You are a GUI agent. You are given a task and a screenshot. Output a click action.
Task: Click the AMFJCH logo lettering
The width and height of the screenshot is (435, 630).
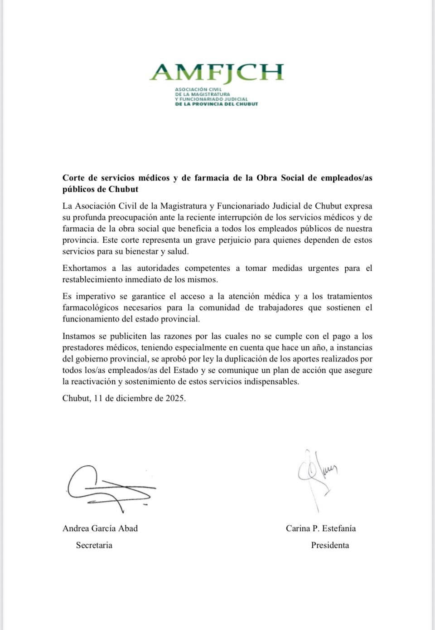click(x=217, y=73)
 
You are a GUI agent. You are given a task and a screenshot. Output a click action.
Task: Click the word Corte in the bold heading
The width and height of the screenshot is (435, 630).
click(x=73, y=178)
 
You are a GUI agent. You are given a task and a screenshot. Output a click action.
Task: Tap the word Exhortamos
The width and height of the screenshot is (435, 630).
click(x=83, y=268)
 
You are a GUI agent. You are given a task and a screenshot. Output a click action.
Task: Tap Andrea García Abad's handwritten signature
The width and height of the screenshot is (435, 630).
click(x=109, y=488)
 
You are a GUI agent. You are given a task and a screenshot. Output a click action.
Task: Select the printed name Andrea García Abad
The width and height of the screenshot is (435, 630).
click(x=100, y=528)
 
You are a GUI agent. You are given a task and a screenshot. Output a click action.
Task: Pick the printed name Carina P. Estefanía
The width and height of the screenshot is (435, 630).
click(x=321, y=528)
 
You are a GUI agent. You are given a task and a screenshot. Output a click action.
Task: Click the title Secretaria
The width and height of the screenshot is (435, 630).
click(x=94, y=545)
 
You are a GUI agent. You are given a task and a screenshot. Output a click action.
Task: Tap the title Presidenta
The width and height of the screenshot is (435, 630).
click(x=330, y=545)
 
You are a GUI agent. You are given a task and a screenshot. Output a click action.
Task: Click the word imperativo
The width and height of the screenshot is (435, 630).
click(x=96, y=296)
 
